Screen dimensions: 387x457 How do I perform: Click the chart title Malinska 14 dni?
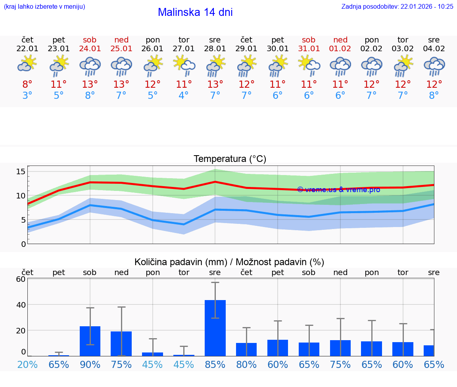click(x=195, y=12)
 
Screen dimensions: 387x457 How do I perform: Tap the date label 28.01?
click(x=215, y=49)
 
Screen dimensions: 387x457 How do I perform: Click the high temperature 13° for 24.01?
click(x=90, y=85)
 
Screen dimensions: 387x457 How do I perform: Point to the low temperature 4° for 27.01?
click(x=184, y=96)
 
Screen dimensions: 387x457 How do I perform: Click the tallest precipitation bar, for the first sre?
click(x=215, y=328)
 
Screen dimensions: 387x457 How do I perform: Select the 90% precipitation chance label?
click(x=90, y=364)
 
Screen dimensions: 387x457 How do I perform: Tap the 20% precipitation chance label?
click(x=27, y=364)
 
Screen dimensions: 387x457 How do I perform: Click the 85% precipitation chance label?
click(x=215, y=364)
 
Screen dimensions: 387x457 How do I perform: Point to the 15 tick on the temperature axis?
click(x=21, y=171)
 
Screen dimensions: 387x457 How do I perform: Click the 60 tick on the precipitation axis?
click(x=21, y=279)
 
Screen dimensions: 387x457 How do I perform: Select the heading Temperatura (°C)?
click(x=230, y=159)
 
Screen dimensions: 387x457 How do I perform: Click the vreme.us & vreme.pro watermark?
click(x=338, y=190)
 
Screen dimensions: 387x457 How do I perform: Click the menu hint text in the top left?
click(x=44, y=6)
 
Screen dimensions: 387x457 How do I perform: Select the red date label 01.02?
click(x=340, y=49)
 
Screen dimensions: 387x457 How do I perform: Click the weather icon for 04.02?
click(x=434, y=66)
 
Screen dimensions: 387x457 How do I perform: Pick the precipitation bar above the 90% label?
click(x=90, y=341)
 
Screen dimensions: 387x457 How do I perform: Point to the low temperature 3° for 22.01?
click(x=27, y=96)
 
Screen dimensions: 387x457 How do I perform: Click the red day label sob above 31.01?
click(x=309, y=40)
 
